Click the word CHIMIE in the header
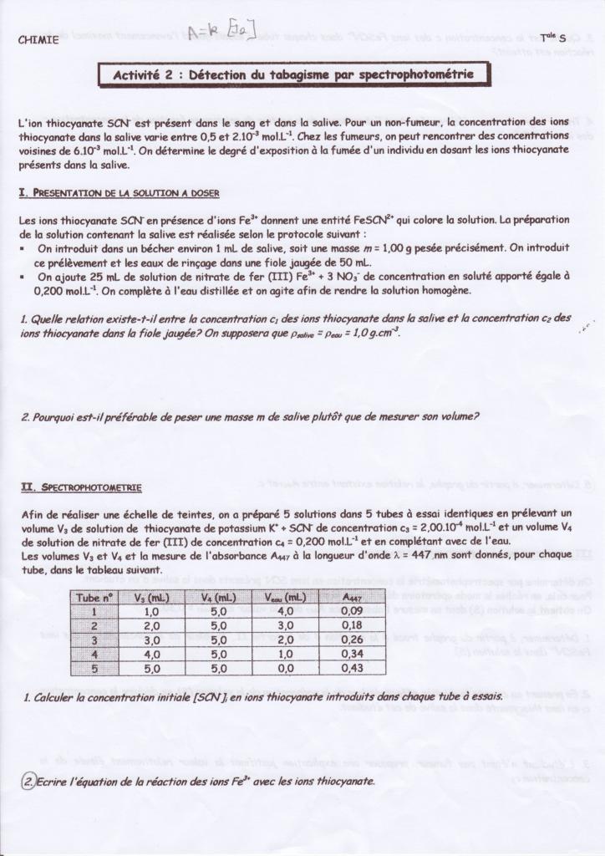(x=38, y=39)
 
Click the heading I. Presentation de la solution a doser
(x=119, y=193)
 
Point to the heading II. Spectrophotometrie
(x=80, y=487)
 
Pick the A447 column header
(x=353, y=597)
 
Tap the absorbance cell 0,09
(x=353, y=611)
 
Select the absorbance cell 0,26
(x=353, y=639)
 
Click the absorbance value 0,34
(x=353, y=654)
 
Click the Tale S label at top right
(x=552, y=38)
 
